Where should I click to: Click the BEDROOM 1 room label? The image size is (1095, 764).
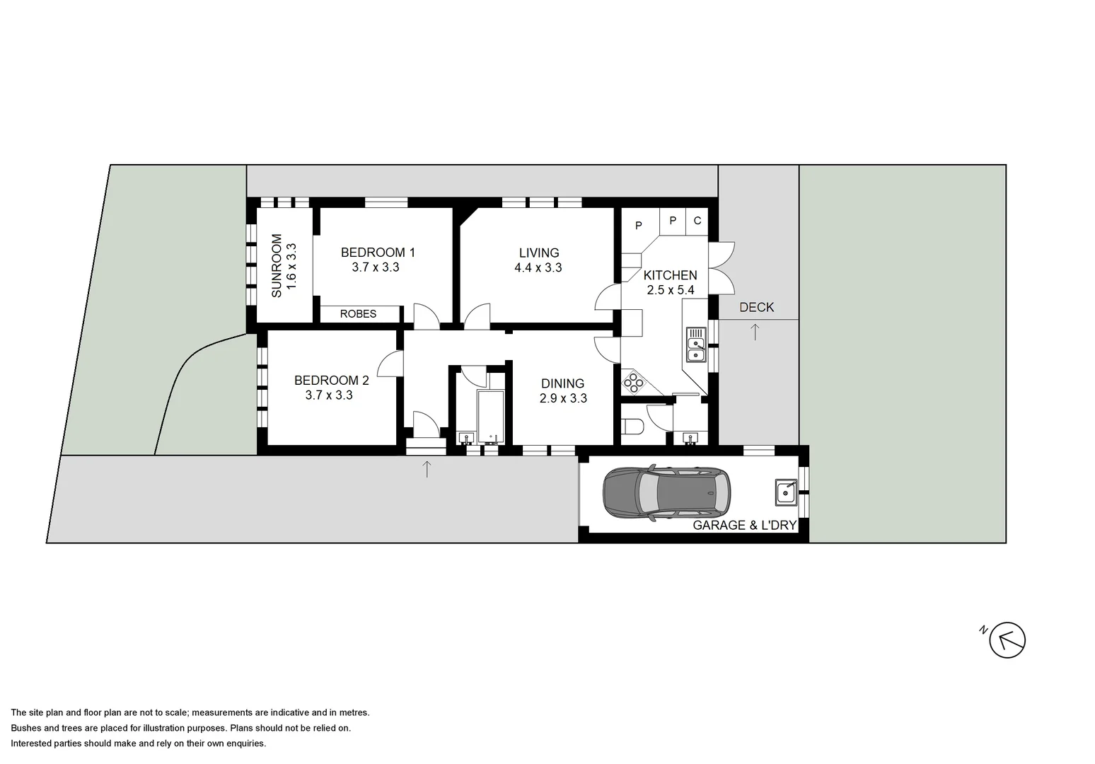point(378,253)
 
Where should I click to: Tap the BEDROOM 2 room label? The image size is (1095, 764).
point(331,381)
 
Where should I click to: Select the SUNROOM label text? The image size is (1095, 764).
point(277,265)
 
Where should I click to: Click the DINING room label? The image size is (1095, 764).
point(562,384)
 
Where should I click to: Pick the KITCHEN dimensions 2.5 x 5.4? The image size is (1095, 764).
point(671,290)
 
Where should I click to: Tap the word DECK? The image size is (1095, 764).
point(756,307)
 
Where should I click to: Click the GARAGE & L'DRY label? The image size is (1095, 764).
point(744,525)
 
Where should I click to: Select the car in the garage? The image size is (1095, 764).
point(667,493)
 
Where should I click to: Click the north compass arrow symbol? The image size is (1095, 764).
point(1007,641)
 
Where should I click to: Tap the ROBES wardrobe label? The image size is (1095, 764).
point(358,314)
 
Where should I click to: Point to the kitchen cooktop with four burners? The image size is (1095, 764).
point(633,383)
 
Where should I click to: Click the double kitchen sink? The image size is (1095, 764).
point(696,349)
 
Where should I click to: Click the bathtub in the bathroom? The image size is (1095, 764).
point(489,416)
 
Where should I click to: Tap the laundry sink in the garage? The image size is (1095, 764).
point(786,492)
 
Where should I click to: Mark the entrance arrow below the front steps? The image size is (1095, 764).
point(427,468)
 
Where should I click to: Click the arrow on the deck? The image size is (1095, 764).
point(755,331)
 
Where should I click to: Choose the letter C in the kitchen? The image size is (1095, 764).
point(697,221)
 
